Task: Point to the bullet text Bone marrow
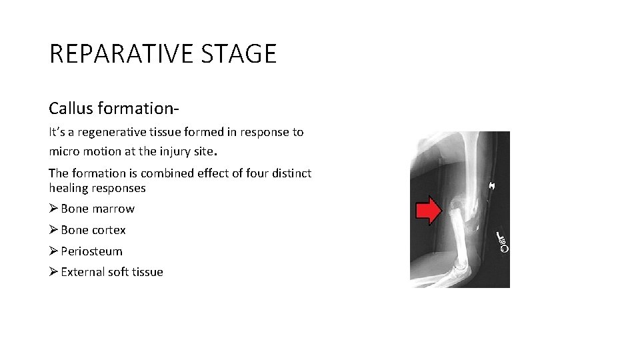coord(97,209)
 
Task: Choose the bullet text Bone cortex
coord(93,230)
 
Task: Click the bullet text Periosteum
coord(91,251)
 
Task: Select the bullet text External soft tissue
coord(111,272)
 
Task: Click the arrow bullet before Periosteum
coord(53,251)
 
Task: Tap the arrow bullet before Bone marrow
coord(53,209)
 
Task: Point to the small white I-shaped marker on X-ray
coord(492,184)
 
